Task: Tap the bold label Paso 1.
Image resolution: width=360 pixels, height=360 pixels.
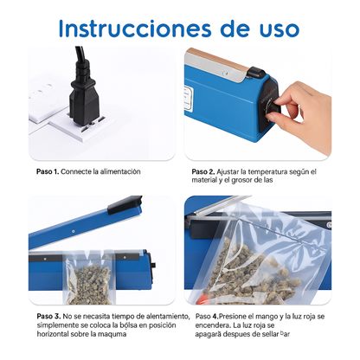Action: point(48,171)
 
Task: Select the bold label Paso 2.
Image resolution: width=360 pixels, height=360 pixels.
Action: point(203,171)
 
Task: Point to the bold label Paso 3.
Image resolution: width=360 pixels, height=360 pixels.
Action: point(48,317)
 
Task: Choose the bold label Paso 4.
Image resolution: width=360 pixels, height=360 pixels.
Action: point(203,317)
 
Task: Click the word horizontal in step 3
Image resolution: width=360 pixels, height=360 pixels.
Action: point(55,333)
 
